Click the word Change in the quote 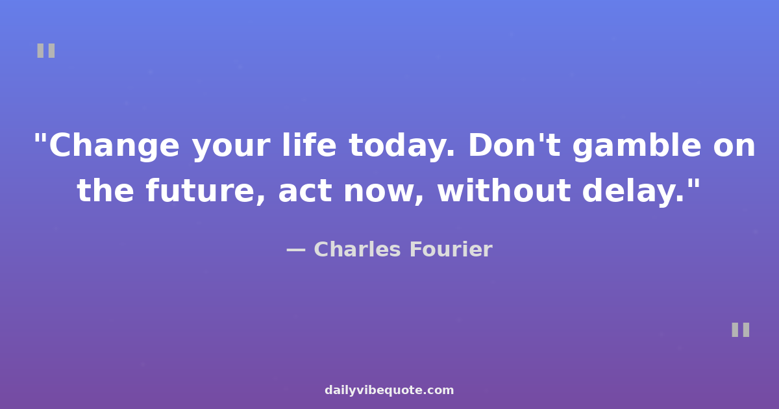(114, 146)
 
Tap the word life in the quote (309, 145)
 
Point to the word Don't (514, 145)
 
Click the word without (504, 190)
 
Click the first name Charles (357, 249)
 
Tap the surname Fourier (451, 249)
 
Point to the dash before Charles (296, 250)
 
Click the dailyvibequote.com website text (389, 390)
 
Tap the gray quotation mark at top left (46, 51)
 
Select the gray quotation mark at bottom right (741, 330)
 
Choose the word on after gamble (734, 147)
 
